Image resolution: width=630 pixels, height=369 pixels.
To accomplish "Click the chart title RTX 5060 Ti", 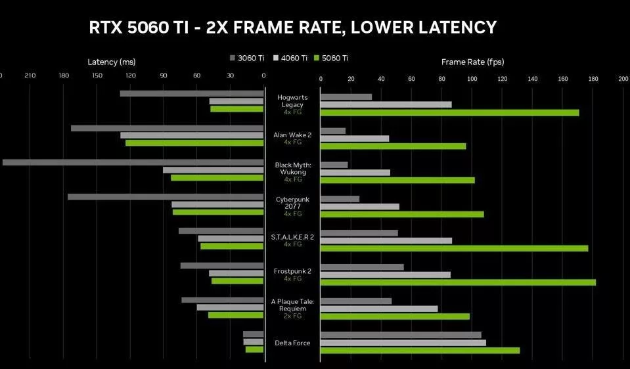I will click(292, 28).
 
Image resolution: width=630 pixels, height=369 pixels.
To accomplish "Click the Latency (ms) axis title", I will click(112, 62).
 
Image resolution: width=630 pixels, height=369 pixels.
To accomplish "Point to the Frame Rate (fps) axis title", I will click(472, 62).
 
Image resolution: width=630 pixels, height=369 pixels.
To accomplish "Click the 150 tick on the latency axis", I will click(97, 76).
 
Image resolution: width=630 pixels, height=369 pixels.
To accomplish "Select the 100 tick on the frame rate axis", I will click(472, 79).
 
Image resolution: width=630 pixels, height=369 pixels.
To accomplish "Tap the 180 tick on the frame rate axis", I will click(593, 79).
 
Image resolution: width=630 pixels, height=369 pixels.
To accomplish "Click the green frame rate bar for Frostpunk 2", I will click(458, 282).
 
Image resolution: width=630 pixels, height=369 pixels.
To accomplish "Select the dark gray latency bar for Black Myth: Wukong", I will click(133, 162).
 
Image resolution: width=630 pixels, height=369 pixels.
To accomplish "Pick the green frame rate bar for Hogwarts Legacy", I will click(449, 113).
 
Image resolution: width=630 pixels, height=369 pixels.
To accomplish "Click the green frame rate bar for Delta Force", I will click(420, 351).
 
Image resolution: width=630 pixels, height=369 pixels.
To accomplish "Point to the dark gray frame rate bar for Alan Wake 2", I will click(333, 131).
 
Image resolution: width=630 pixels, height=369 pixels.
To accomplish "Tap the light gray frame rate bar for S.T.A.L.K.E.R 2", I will click(386, 241).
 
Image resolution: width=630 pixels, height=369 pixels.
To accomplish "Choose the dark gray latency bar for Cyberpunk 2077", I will click(166, 196).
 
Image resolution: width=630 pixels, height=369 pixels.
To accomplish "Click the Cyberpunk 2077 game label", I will click(292, 202).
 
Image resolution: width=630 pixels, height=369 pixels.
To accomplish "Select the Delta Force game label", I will click(292, 343).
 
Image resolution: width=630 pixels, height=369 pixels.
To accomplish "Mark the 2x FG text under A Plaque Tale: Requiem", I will click(292, 316).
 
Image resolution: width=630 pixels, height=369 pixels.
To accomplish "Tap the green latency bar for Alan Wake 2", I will click(194, 142).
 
